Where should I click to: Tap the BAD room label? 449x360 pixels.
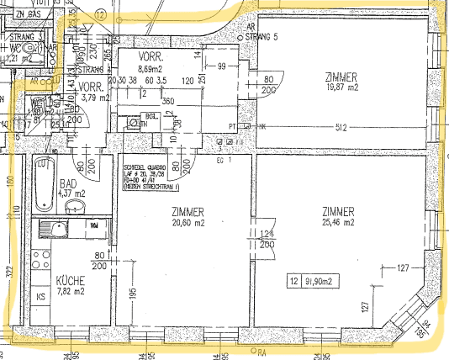70,182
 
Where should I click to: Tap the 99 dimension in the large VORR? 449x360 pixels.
222,66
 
